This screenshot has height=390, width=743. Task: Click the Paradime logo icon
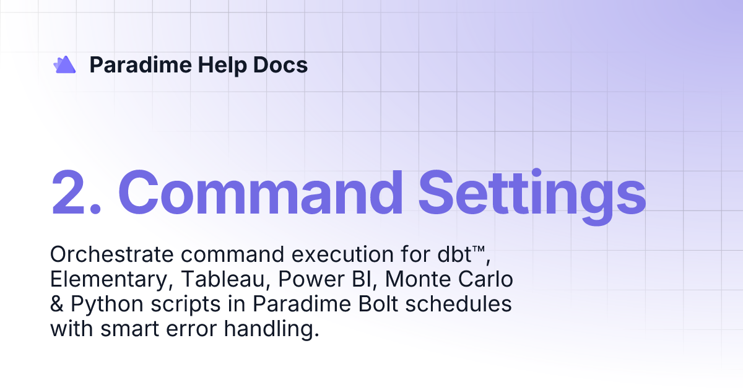(65, 64)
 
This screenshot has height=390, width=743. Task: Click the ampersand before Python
(57, 305)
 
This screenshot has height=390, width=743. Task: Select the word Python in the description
(102, 305)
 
